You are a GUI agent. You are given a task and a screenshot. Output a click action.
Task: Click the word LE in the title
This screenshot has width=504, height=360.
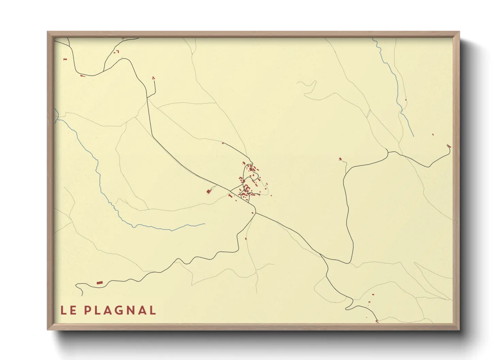68,310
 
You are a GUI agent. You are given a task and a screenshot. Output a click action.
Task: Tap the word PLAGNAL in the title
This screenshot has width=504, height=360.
120,310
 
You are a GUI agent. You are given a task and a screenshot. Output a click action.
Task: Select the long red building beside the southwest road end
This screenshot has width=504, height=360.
99,282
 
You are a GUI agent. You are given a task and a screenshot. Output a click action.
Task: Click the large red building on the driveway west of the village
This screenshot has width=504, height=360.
208,192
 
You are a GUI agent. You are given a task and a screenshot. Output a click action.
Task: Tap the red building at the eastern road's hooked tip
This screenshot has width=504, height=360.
449,146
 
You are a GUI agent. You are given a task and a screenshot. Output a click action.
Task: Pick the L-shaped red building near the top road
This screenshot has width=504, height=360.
118,51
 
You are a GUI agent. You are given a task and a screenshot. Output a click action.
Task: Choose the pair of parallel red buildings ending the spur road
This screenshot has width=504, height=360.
153,78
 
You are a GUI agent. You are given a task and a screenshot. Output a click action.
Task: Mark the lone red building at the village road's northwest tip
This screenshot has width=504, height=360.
223,143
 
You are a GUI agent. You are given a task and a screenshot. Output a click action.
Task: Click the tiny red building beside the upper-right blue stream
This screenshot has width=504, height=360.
406,100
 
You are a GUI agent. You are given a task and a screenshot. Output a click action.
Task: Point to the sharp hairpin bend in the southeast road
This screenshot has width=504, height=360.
353,301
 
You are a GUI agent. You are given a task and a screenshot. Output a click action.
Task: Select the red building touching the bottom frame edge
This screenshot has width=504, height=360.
377,321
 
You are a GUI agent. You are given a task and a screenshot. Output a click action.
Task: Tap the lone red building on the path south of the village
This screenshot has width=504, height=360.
246,239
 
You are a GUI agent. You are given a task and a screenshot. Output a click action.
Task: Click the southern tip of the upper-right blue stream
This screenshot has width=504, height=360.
413,136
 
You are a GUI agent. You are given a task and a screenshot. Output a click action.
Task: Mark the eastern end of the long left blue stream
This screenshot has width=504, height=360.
205,224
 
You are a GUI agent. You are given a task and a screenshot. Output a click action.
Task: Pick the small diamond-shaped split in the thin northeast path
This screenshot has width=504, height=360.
368,113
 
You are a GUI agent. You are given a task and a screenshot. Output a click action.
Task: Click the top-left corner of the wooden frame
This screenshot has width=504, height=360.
48,32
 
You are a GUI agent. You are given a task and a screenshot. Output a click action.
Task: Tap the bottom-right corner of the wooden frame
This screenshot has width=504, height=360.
459,329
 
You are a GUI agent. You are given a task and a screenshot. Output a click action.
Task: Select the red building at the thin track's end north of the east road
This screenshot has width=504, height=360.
340,159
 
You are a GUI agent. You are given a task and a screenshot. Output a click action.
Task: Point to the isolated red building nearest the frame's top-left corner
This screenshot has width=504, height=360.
65,60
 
